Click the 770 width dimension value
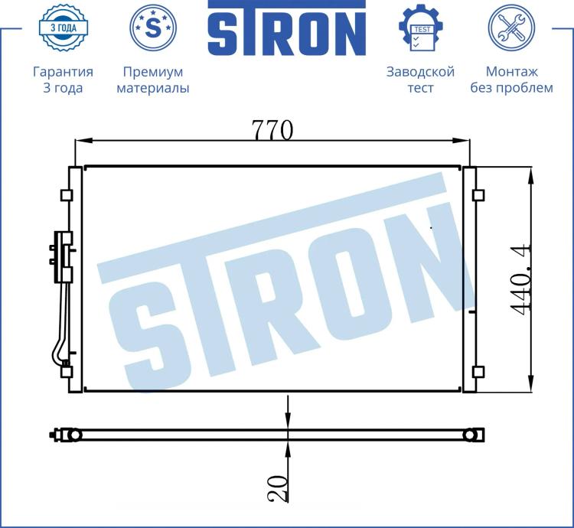point(272,130)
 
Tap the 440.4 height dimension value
point(521,279)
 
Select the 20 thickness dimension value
point(277,488)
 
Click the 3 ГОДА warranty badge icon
point(64,28)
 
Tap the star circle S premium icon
point(153,28)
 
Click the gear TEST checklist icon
point(421,28)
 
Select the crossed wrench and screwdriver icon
point(511,28)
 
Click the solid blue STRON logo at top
point(287,28)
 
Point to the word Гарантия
point(63,72)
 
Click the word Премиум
point(153,72)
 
